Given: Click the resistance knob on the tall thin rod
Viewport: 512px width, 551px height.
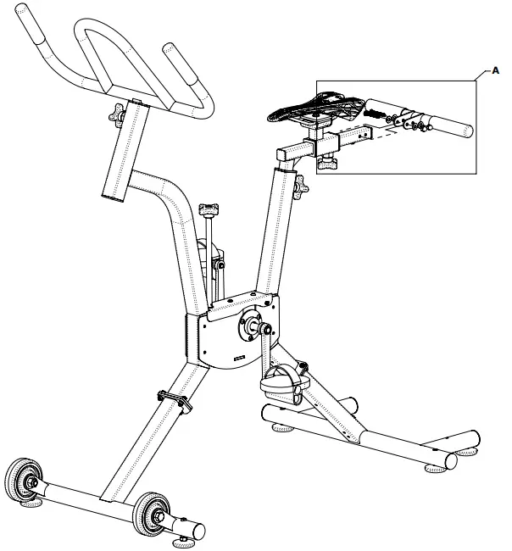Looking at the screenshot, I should [209, 208].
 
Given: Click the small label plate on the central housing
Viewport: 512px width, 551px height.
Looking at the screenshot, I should [241, 359].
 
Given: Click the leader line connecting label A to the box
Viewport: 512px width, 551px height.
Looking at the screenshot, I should [481, 78].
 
